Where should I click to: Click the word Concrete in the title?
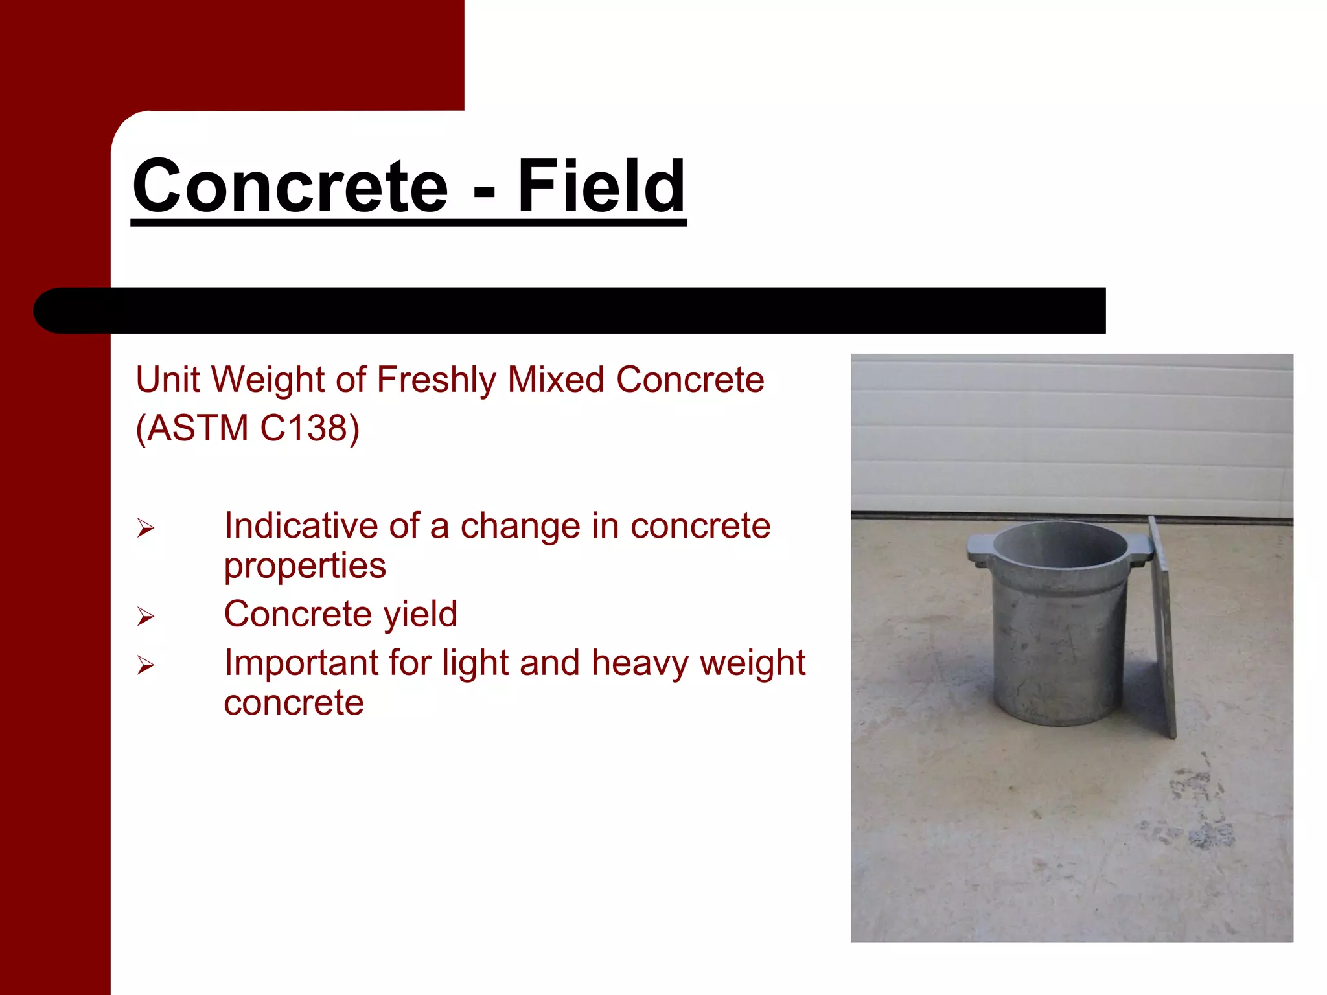290,187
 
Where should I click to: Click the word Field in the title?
601,187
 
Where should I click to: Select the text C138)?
309,428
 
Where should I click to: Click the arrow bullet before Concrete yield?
146,617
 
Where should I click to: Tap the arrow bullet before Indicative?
146,529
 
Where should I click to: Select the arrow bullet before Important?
146,665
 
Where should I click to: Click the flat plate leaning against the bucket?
1164,628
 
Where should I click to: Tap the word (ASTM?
192,428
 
